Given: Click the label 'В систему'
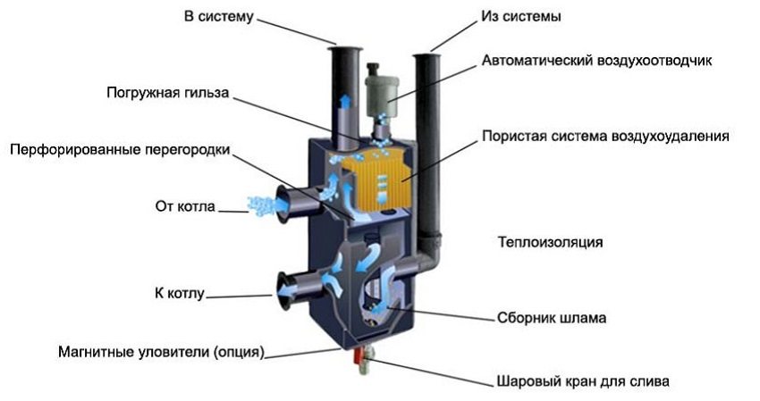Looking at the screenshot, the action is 218,16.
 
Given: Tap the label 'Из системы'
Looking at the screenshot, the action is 521,16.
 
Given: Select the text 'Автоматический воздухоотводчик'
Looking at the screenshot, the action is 596,61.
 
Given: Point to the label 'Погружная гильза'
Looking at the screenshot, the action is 167,93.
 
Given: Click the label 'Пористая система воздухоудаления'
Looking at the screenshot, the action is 605,136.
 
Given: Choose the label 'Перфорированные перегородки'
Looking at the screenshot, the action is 120,150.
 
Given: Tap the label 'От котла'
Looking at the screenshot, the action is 185,206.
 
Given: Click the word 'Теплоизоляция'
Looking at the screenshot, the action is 551,242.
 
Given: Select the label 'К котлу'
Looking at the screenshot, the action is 180,293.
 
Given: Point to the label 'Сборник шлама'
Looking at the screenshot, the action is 552,318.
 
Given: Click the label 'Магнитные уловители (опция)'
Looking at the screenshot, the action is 162,352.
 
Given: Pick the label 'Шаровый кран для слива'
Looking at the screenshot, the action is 583,381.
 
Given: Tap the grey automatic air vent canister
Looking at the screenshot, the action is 381,95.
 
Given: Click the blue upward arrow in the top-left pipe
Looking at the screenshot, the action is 345,103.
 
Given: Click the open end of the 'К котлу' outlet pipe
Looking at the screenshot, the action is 284,290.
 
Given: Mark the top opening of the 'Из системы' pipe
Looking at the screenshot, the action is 427,56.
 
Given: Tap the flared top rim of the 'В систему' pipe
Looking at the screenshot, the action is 345,48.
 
